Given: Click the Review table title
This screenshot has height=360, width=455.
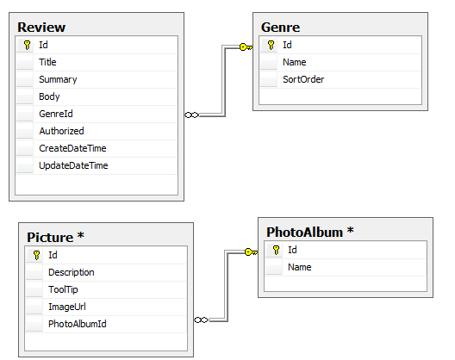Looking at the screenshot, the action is [41, 28].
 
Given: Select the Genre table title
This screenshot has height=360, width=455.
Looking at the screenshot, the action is [280, 28].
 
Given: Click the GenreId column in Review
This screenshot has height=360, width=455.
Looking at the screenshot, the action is [56, 114].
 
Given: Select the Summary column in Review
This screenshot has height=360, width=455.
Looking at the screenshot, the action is [58, 79].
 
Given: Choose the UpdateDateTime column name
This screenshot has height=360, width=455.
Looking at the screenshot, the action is [73, 165].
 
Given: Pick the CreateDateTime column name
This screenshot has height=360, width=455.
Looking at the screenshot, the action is [72, 148].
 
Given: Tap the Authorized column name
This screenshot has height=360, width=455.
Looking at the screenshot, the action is [61, 131].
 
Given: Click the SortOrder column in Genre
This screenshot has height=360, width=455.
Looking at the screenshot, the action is [303, 79].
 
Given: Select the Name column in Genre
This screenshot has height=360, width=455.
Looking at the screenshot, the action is [294, 62].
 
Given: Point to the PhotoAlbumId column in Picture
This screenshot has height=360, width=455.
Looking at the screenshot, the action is [78, 324].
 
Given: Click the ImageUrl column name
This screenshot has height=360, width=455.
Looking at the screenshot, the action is [66, 307].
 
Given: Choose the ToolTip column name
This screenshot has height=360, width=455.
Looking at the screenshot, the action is [63, 289].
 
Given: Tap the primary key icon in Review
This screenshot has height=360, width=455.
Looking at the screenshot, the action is [28, 45].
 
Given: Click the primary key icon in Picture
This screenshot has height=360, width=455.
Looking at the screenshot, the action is [36, 255].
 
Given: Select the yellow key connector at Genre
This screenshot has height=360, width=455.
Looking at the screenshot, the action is [246, 47].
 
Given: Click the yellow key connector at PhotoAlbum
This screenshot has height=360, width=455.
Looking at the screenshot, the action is [252, 251].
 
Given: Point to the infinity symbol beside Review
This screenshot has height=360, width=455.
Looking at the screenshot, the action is [192, 115].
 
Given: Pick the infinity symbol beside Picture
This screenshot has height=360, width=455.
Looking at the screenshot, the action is [201, 320].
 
